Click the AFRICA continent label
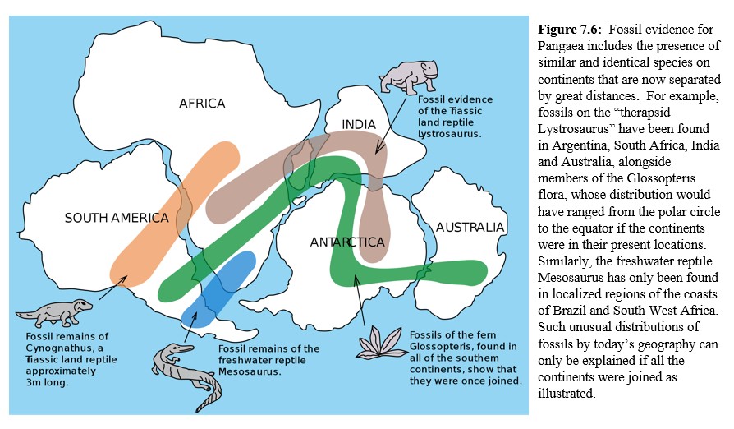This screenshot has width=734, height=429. (202, 104)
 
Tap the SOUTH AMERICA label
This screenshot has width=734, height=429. (117, 218)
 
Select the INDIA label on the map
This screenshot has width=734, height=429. (359, 125)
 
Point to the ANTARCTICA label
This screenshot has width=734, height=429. (347, 242)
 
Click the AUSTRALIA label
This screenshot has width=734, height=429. (470, 227)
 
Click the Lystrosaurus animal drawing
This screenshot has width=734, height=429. (409, 76)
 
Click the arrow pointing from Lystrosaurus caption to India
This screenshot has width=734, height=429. (391, 123)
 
